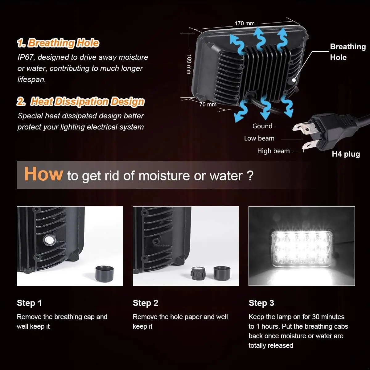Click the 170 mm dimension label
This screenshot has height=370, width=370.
(245, 23)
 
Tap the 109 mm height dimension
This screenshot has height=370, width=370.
(189, 64)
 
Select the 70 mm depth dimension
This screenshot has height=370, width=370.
(208, 105)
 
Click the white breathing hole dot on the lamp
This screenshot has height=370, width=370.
(294, 80)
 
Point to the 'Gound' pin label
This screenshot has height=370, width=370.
(262, 126)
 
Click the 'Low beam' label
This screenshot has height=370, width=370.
(259, 138)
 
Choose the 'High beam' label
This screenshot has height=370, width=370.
(273, 151)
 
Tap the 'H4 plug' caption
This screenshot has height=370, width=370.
(346, 154)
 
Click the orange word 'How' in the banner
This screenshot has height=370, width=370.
(43, 174)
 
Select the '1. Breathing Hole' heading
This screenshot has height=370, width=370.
(58, 43)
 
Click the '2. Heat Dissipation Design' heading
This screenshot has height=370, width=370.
(81, 101)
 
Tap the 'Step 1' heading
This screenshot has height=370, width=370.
(29, 303)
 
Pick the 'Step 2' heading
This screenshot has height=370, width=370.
(145, 303)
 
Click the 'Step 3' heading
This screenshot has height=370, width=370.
(261, 303)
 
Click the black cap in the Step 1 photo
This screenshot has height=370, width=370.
(105, 273)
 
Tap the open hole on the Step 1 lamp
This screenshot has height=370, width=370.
(49, 240)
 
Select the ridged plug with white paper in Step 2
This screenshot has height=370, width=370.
(198, 273)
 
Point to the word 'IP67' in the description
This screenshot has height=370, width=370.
(26, 57)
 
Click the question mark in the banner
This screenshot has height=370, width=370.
(250, 175)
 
